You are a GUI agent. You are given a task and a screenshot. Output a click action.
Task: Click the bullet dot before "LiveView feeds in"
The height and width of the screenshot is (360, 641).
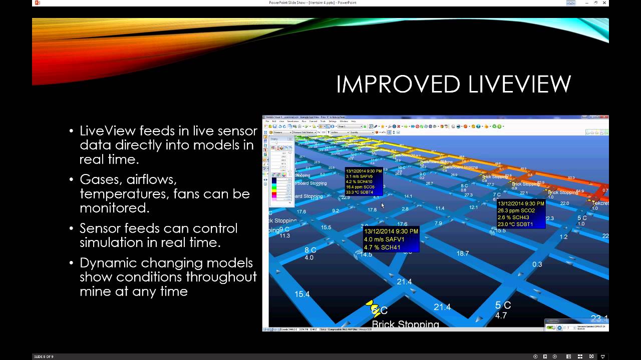72,131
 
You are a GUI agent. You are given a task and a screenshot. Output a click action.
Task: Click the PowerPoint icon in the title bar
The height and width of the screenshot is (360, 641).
37,3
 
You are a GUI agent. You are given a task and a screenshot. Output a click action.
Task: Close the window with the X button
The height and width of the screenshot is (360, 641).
604,3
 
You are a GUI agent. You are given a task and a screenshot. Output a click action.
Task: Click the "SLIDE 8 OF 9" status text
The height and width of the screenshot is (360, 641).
44,356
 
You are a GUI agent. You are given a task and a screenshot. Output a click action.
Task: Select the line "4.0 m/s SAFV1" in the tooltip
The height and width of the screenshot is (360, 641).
384,239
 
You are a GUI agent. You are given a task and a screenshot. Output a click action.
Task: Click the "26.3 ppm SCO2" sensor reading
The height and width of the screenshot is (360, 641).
516,210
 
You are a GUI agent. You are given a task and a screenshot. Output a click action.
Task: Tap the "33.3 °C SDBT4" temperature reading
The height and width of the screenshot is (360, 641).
360,192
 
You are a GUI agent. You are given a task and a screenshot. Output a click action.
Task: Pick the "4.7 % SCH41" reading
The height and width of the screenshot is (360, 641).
383,247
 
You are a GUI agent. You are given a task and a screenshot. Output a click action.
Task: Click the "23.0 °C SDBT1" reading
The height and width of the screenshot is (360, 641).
515,224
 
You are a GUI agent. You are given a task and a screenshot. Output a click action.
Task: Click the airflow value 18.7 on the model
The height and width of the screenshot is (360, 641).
462,253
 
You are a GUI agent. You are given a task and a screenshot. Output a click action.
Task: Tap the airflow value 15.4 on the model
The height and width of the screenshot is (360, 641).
302,294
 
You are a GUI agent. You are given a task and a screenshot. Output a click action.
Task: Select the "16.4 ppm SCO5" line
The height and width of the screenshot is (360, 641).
360,187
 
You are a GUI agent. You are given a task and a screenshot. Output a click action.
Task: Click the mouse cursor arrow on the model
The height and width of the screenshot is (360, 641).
382,205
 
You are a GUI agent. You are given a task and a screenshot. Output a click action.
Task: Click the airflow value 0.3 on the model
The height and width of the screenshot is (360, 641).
537,264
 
